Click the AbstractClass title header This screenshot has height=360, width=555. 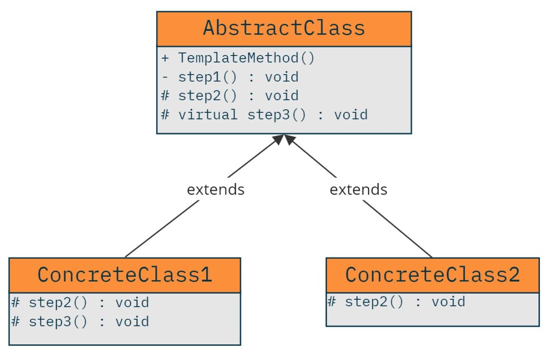coord(284,28)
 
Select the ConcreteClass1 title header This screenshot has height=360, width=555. coord(124,275)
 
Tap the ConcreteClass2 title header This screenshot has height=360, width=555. coord(432,275)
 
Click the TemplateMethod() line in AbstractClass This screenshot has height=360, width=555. coord(238,58)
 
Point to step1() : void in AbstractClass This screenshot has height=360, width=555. coord(231,77)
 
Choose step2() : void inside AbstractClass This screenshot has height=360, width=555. coord(231,96)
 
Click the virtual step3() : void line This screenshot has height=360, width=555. coord(265,115)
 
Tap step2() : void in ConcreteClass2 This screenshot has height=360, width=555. coord(397,302)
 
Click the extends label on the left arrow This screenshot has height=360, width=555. coord(215,190)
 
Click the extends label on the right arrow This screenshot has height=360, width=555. coord(358,190)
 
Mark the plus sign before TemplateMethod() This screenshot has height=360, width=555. coord(165,58)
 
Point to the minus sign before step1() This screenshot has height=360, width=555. coord(165,77)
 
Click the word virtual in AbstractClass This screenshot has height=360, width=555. coord(208,115)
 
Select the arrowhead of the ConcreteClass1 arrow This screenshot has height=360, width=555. coord(277,139)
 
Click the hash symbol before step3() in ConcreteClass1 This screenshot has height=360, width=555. coord(15,322)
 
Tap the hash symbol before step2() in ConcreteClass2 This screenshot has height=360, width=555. coord(331,302)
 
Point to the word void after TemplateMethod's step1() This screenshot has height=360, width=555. coord(281,77)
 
